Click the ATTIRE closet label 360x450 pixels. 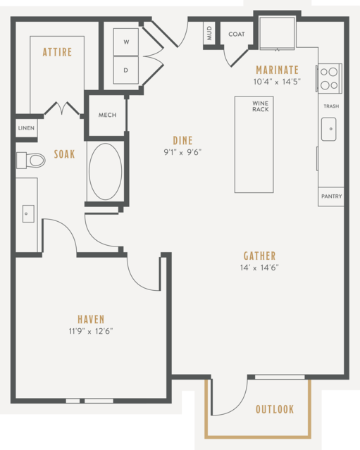click(57, 52)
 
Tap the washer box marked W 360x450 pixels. click(125, 42)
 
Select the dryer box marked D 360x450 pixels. click(125, 70)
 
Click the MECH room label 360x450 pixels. click(107, 115)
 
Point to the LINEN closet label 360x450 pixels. click(26, 128)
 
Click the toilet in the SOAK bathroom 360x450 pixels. click(31, 161)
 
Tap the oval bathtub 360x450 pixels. click(106, 172)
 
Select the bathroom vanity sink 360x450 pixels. click(28, 213)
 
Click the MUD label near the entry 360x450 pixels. click(209, 33)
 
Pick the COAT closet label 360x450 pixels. click(237, 34)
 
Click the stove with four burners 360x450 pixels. click(329, 78)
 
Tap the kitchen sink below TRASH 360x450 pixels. click(329, 129)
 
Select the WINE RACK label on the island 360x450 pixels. click(261, 106)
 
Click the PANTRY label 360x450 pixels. click(332, 196)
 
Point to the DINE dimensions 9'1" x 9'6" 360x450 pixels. click(182, 152)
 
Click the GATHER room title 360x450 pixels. click(259, 256)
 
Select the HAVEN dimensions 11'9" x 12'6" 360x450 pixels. click(91, 331)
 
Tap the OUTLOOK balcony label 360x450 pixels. click(275, 409)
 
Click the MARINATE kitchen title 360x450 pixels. click(277, 70)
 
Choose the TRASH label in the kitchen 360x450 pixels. click(331, 106)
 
